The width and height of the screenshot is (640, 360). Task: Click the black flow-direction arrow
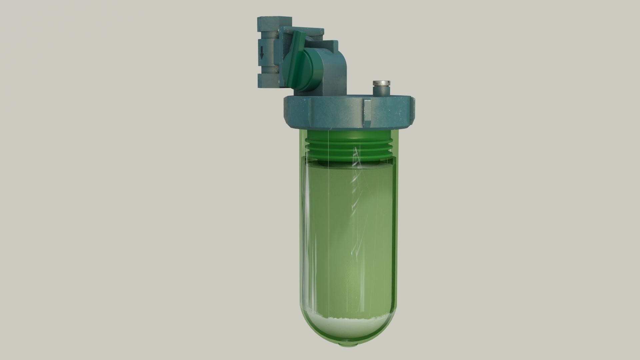pos(262,52)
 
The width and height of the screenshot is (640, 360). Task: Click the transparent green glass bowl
pos(347,233)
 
